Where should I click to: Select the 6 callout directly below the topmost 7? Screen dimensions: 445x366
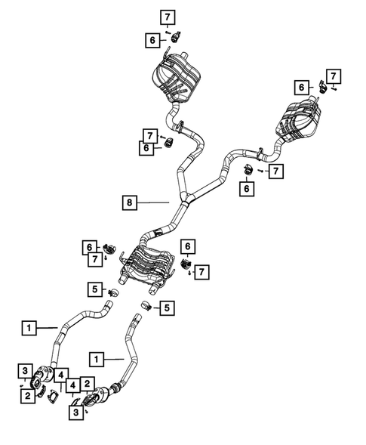(153, 40)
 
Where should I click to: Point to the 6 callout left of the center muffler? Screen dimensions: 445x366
(90, 246)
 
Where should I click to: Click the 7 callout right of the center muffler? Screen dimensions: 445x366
(201, 271)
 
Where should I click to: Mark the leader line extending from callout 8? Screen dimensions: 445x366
(155, 202)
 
